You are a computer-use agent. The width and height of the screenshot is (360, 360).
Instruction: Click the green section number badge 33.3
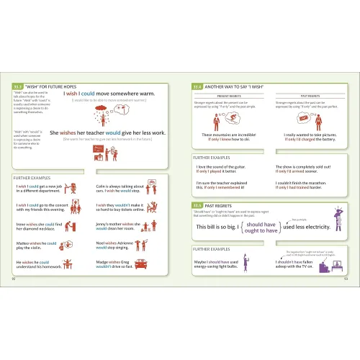click(x=18, y=86)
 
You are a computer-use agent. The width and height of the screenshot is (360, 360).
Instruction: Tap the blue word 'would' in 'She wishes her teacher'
click(x=118, y=132)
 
